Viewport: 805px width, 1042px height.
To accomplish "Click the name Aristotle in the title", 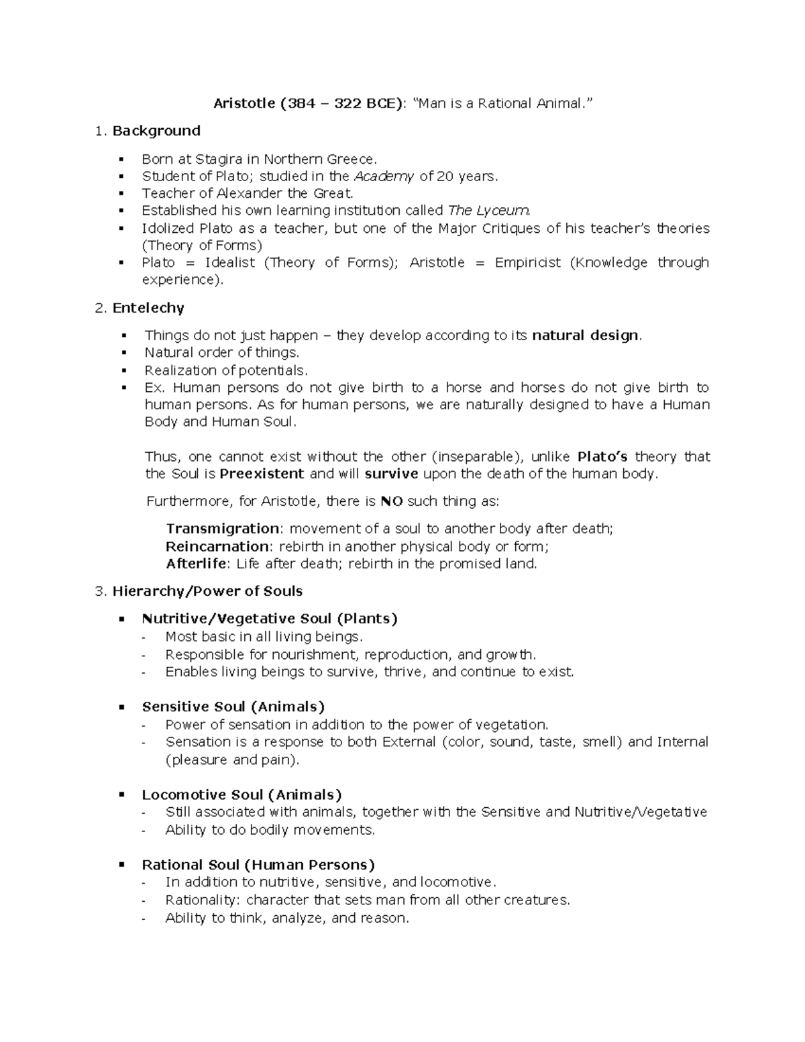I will pyautogui.click(x=244, y=103).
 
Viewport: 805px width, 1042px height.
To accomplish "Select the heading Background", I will pyautogui.click(x=156, y=131).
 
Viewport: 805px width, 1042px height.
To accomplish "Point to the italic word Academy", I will pyautogui.click(x=384, y=177).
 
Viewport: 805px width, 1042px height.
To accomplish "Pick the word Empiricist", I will pyautogui.click(x=527, y=262).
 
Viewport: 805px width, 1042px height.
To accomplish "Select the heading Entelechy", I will pyautogui.click(x=148, y=308).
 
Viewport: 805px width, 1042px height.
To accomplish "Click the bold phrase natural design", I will pyautogui.click(x=586, y=335).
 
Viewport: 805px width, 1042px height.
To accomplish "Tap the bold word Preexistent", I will pyautogui.click(x=262, y=474).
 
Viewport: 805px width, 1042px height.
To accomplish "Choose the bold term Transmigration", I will pyautogui.click(x=223, y=529).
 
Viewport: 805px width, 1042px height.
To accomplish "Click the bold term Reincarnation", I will pyautogui.click(x=217, y=546).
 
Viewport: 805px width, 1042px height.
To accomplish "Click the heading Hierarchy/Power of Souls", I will pyautogui.click(x=207, y=591).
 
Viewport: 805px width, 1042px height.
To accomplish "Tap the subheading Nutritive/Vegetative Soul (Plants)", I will pyautogui.click(x=270, y=619).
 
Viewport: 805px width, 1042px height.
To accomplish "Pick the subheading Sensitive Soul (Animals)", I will pyautogui.click(x=233, y=707).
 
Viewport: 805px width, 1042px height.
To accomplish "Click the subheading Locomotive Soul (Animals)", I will pyautogui.click(x=241, y=795).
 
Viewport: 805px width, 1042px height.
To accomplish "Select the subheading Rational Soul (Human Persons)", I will pyautogui.click(x=258, y=865).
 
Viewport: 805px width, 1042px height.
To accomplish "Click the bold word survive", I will pyautogui.click(x=392, y=474).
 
